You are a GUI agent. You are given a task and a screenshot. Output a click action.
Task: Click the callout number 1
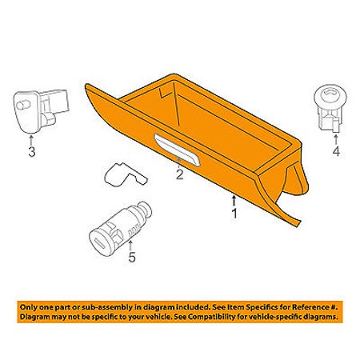coord(234,214)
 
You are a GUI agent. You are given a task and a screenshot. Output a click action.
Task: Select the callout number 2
coord(179,174)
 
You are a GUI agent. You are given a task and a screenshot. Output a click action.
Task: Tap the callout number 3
coord(32,152)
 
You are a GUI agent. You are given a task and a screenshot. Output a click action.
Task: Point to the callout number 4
coord(336,151)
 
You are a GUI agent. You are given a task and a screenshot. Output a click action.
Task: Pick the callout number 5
coord(132,257)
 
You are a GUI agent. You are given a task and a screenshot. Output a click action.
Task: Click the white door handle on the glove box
coord(177,150)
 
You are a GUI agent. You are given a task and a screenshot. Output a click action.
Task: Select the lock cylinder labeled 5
coord(120,229)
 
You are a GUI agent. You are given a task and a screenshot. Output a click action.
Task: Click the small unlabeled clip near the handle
coord(125,174)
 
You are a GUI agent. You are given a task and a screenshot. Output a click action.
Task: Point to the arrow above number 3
coord(31,140)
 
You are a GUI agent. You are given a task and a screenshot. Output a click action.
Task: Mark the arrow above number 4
coord(336,140)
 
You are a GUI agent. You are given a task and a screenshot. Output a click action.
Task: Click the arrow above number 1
coord(234,201)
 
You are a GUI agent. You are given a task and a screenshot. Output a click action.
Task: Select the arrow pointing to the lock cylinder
coord(130,246)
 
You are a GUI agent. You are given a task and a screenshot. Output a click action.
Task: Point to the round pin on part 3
coord(22,105)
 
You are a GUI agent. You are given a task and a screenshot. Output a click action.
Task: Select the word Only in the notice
coord(29,307)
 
